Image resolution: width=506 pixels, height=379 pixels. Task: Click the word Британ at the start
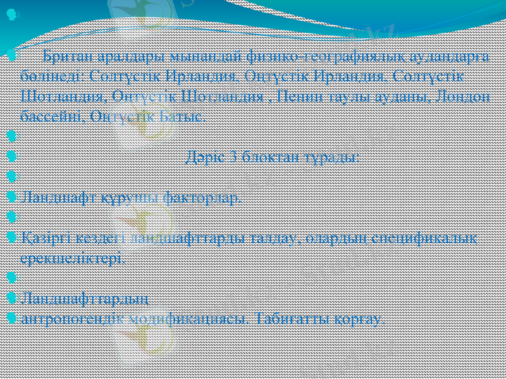coord(64,59)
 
